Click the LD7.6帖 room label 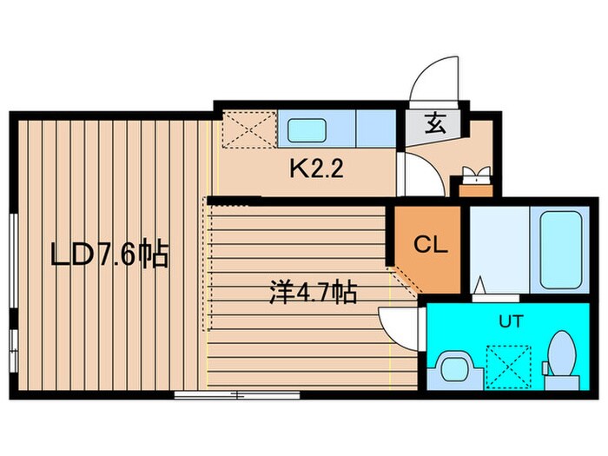(109, 256)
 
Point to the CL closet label (430, 245)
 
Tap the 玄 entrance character (434, 123)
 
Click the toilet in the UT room (561, 360)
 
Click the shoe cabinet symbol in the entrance (476, 181)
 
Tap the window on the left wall (12, 287)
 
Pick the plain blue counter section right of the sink (375, 129)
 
